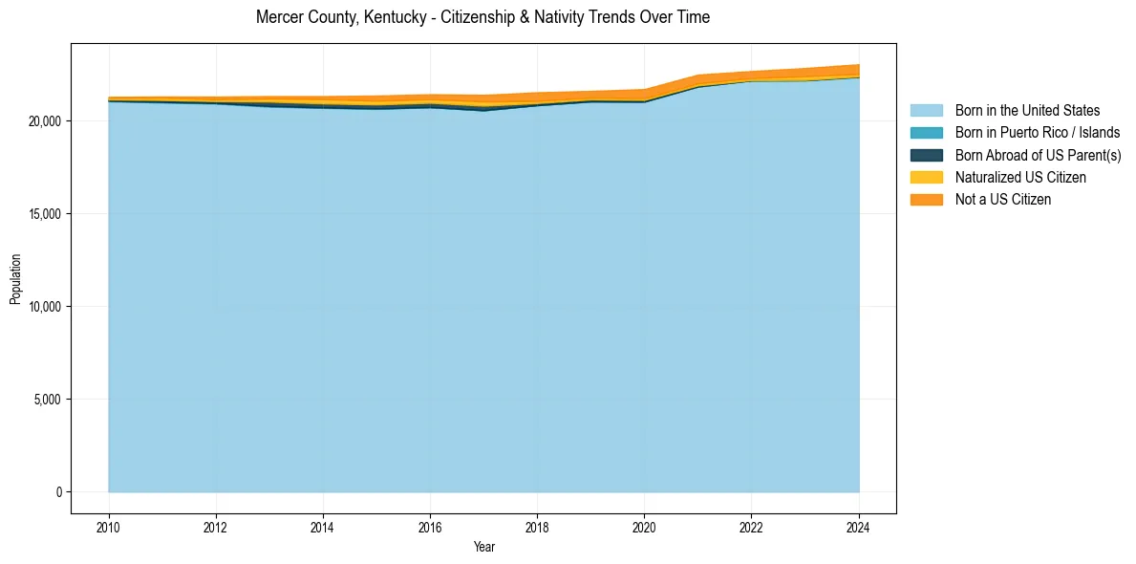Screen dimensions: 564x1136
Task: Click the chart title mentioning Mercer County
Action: [482, 17]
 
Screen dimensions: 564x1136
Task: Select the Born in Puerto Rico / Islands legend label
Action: [1038, 133]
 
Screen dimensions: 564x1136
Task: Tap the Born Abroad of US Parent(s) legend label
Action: [1038, 155]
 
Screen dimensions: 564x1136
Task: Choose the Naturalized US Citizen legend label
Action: [1020, 177]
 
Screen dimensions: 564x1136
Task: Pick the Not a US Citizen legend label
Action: [1002, 199]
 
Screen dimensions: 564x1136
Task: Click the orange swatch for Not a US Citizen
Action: [926, 199]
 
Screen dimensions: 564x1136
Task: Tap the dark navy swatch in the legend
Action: [926, 155]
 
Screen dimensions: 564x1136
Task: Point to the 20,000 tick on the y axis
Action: [45, 121]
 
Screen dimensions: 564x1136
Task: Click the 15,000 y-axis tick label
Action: [45, 214]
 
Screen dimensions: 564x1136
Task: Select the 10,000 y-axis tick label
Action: [45, 307]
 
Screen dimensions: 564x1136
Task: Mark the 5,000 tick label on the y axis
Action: [48, 400]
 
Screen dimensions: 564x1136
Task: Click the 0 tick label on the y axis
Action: [58, 492]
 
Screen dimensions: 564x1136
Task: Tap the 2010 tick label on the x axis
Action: [109, 526]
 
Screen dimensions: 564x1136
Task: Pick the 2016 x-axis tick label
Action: [431, 526]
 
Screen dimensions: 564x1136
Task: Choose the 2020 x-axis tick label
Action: [645, 526]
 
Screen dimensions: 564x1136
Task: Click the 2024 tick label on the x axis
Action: [859, 526]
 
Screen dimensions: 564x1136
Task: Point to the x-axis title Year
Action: [483, 547]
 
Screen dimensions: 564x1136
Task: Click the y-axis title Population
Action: [15, 279]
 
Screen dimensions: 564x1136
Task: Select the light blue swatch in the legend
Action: [926, 111]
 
